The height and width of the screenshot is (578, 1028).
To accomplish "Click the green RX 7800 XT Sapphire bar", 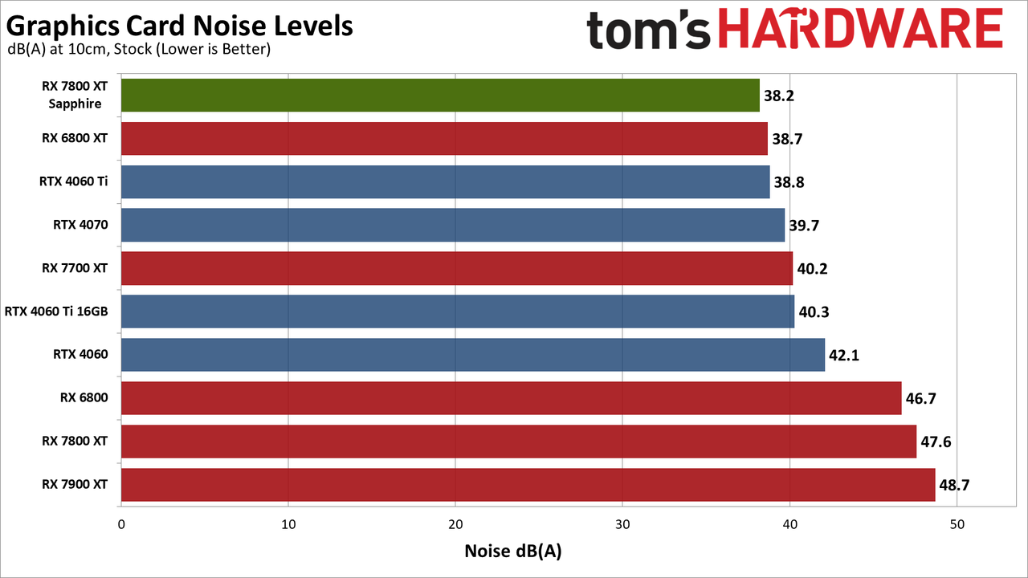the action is click(x=440, y=95).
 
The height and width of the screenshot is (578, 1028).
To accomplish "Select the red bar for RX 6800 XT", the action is click(x=444, y=139).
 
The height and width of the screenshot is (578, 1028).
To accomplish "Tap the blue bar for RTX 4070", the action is click(x=453, y=225).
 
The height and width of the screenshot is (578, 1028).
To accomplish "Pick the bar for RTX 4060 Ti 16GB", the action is click(x=458, y=311).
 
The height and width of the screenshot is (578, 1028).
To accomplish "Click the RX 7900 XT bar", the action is click(x=528, y=485).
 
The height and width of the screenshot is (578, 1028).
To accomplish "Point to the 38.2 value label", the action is click(x=779, y=96).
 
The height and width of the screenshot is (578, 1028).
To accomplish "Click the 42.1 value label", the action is click(x=844, y=355).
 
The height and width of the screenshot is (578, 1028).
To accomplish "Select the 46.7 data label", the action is click(x=920, y=398).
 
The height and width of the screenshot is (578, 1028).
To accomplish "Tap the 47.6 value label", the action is click(x=936, y=442).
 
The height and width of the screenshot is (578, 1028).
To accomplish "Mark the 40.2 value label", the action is click(x=812, y=268).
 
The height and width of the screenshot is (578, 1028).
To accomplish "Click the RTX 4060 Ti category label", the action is click(x=73, y=181).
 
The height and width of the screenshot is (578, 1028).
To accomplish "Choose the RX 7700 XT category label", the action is click(x=75, y=268).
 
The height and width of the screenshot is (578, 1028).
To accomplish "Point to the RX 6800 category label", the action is click(x=84, y=397).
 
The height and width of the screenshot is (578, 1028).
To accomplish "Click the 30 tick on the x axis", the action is click(x=622, y=524).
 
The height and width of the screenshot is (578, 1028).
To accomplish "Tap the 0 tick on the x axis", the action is click(x=121, y=524).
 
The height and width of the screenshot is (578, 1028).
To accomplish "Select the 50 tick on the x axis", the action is click(x=957, y=524).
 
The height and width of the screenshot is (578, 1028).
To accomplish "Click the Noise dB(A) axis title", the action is click(x=513, y=552).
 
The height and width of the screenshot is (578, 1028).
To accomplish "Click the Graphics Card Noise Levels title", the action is click(x=179, y=26).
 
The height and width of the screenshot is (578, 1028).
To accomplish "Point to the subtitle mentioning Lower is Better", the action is click(x=139, y=49).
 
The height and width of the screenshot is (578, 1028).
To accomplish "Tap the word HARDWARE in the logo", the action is click(x=860, y=30).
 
